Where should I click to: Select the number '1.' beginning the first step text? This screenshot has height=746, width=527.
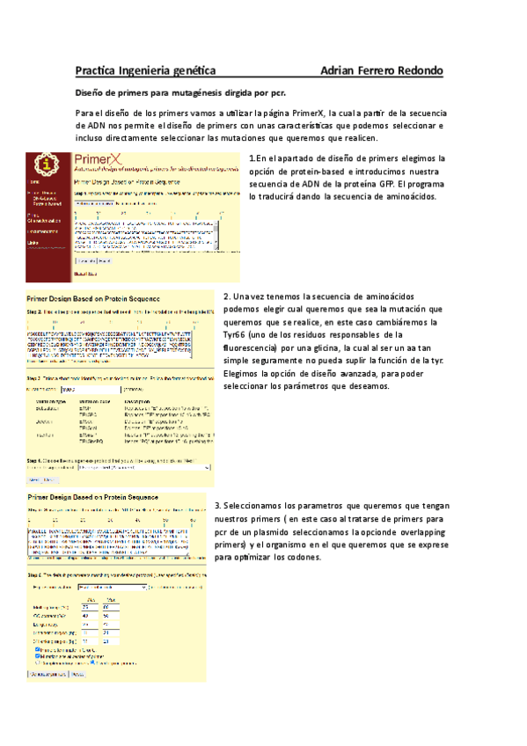click(x=253, y=158)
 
